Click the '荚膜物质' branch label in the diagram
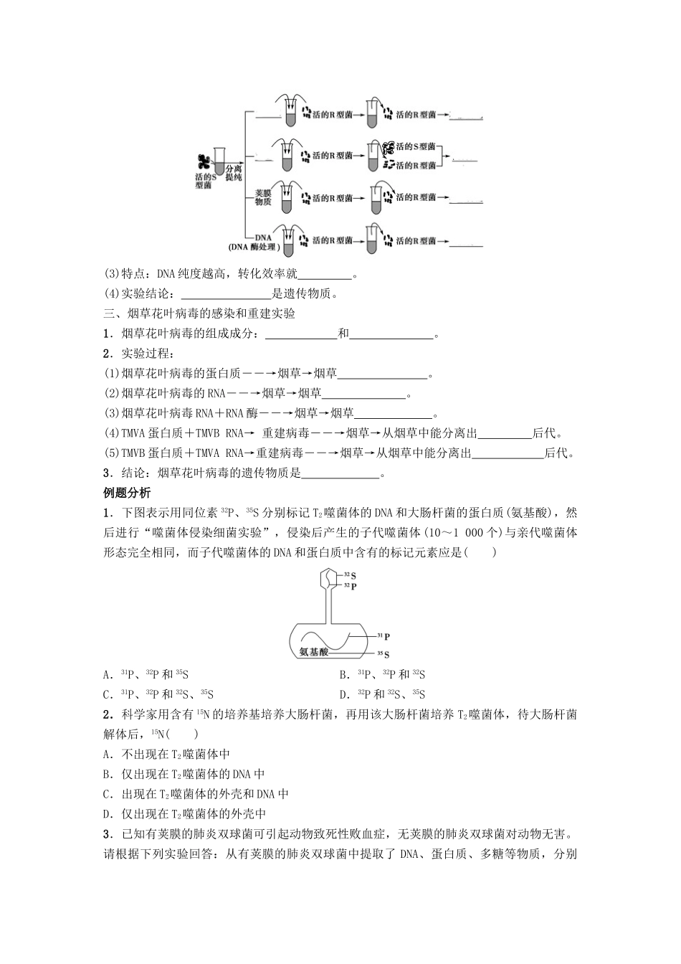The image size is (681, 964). [262, 197]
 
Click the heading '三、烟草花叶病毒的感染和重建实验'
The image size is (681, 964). [199, 313]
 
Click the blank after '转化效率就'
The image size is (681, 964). [325, 275]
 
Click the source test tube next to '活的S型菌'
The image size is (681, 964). [220, 161]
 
